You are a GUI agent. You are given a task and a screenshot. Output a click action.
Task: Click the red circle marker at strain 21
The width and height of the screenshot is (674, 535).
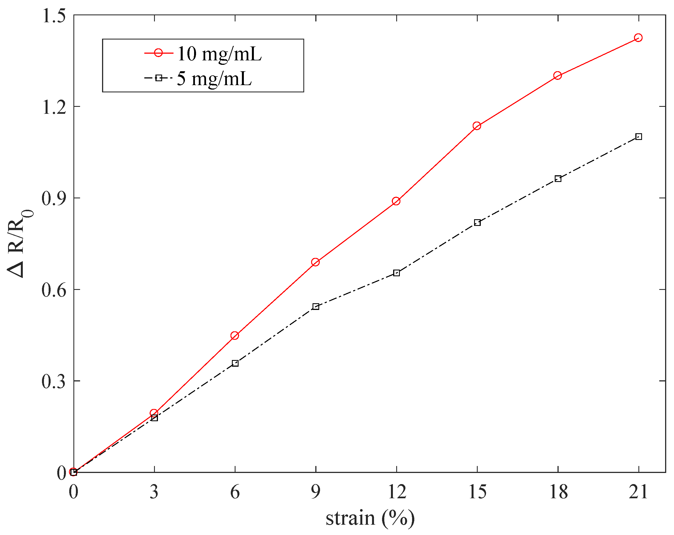tap(638, 38)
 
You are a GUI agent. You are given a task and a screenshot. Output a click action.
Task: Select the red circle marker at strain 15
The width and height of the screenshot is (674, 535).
tap(477, 126)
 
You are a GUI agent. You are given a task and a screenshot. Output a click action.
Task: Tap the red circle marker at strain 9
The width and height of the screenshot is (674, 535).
tap(315, 262)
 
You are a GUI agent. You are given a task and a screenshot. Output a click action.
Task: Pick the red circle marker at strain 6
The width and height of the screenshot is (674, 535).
tap(235, 336)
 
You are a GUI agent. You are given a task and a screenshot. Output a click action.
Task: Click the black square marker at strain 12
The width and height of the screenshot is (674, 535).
tap(397, 273)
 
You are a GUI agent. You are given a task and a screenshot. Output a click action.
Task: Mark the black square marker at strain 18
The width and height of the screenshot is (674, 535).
tap(558, 179)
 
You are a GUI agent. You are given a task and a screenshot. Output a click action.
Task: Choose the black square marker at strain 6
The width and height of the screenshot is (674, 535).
tap(235, 363)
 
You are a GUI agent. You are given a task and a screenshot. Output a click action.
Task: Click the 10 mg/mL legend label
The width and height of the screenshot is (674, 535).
tap(219, 54)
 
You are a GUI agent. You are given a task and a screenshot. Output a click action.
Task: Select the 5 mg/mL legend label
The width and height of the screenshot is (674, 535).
tap(214, 78)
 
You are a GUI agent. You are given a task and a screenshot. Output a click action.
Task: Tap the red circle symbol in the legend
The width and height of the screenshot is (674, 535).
tap(158, 53)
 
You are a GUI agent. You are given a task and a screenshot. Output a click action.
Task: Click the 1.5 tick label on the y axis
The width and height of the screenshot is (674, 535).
tap(54, 16)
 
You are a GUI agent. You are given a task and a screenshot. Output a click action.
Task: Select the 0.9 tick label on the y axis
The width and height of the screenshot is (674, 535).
tap(54, 198)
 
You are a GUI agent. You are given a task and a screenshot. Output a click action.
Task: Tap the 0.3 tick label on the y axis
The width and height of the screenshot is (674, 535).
tap(54, 381)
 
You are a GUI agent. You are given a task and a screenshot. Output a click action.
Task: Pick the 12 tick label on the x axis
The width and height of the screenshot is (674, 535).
tap(397, 492)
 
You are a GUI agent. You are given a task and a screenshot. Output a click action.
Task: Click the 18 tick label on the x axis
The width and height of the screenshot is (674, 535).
tap(558, 492)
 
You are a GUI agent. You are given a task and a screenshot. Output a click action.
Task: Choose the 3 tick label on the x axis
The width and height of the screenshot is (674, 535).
tap(154, 492)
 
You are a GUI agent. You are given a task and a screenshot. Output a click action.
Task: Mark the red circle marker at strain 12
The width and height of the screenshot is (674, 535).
tap(396, 201)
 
